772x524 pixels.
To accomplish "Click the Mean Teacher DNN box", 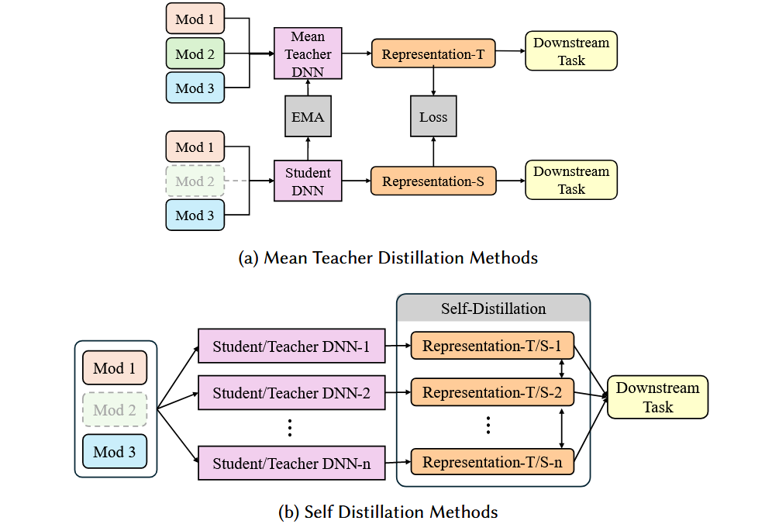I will click(308, 54).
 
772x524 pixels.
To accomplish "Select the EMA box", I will click(308, 118).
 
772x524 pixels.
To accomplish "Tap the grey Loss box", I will click(433, 118).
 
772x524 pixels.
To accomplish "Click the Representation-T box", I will click(433, 54).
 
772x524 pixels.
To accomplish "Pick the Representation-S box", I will click(433, 181).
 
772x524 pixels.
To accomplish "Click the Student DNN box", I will click(308, 181).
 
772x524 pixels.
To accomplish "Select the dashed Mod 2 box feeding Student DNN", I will click(195, 181).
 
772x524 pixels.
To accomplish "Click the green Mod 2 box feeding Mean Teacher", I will click(195, 54).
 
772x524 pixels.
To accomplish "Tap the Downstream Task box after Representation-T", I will click(571, 51).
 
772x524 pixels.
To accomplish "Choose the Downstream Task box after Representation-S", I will click(571, 180).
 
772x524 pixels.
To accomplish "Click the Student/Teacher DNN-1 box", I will click(291, 346).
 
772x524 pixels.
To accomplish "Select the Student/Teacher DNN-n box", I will click(291, 464).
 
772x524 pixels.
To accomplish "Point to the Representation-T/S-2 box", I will click(492, 393).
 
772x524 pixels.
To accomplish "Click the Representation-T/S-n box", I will click(492, 464).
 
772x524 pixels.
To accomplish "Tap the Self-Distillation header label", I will click(493, 309).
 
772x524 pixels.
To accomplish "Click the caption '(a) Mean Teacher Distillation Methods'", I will click(388, 258).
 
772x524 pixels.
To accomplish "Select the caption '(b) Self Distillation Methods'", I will click(388, 512).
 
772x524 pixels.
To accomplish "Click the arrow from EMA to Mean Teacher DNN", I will click(308, 88).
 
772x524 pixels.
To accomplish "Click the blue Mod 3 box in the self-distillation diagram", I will click(114, 452).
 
